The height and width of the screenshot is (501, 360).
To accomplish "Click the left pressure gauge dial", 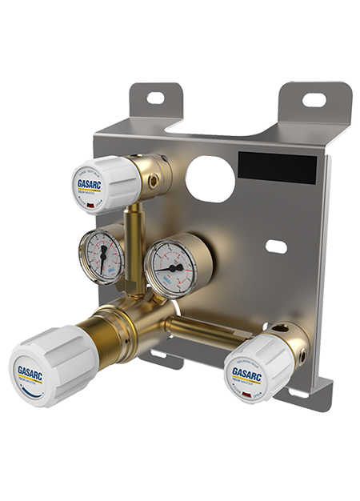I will (x=102, y=257).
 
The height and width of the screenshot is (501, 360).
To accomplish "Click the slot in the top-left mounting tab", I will (x=154, y=98).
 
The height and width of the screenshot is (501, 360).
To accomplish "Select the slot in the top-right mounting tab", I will (x=314, y=100).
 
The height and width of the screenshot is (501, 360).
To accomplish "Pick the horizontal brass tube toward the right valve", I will (x=204, y=327).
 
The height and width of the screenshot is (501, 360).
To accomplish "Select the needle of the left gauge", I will (x=103, y=255).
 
